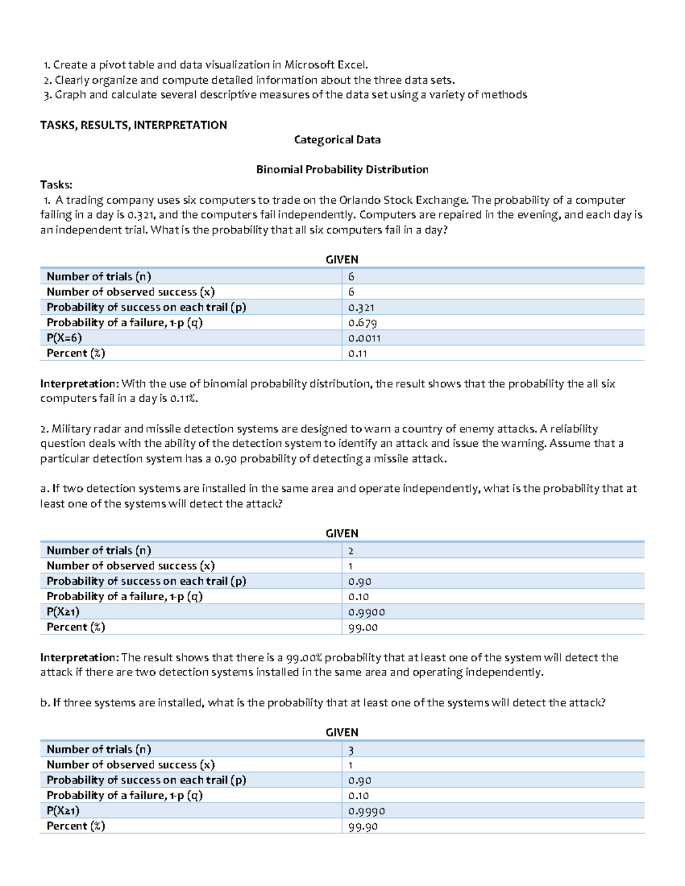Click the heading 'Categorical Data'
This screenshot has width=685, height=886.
pyautogui.click(x=337, y=140)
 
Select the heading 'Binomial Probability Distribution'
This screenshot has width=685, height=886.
pyautogui.click(x=342, y=169)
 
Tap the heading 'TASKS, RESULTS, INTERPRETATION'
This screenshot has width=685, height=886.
pyautogui.click(x=134, y=125)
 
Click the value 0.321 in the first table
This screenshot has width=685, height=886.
pyautogui.click(x=361, y=308)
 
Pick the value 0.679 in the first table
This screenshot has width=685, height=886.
pyautogui.click(x=362, y=323)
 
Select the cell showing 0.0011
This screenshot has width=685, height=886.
pyautogui.click(x=364, y=338)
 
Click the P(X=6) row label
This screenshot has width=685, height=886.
pyautogui.click(x=64, y=338)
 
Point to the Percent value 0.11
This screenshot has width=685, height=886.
pyautogui.click(x=357, y=354)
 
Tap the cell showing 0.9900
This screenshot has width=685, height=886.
pyautogui.click(x=366, y=612)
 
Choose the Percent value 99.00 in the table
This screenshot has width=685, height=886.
pyautogui.click(x=363, y=628)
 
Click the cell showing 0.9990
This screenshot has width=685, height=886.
pyautogui.click(x=366, y=811)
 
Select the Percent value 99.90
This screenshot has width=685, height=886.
pyautogui.click(x=363, y=827)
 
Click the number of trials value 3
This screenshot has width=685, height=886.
pyautogui.click(x=351, y=750)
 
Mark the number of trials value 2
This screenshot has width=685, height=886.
pyautogui.click(x=350, y=551)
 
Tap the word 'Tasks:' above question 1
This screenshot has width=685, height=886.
pyautogui.click(x=56, y=184)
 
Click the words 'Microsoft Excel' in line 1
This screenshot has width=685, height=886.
pyautogui.click(x=325, y=65)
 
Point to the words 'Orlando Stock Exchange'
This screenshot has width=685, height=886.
pyautogui.click(x=403, y=200)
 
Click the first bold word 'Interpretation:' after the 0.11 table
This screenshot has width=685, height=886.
pyautogui.click(x=79, y=384)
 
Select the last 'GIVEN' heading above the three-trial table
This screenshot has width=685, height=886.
pyautogui.click(x=342, y=733)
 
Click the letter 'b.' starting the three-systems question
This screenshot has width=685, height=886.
pyautogui.click(x=45, y=703)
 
